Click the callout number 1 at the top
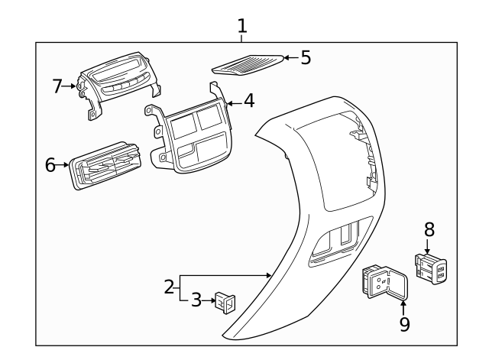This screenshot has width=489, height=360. coord(242,26)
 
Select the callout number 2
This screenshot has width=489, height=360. coord(170,288)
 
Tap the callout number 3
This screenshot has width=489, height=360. coord(196,301)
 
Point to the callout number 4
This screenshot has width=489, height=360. coord(249,101)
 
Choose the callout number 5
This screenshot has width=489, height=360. coord(306,57)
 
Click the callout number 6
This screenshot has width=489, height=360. coord(51,164)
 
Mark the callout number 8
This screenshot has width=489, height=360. coord(429,228)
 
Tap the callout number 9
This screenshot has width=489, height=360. coord(404,324)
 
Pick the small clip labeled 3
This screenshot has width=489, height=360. coord(224,303)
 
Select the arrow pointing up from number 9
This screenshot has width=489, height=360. coord(403,305)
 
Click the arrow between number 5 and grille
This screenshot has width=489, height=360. coord(290,58)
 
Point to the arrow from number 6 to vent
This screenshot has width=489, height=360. coord(64,164)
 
